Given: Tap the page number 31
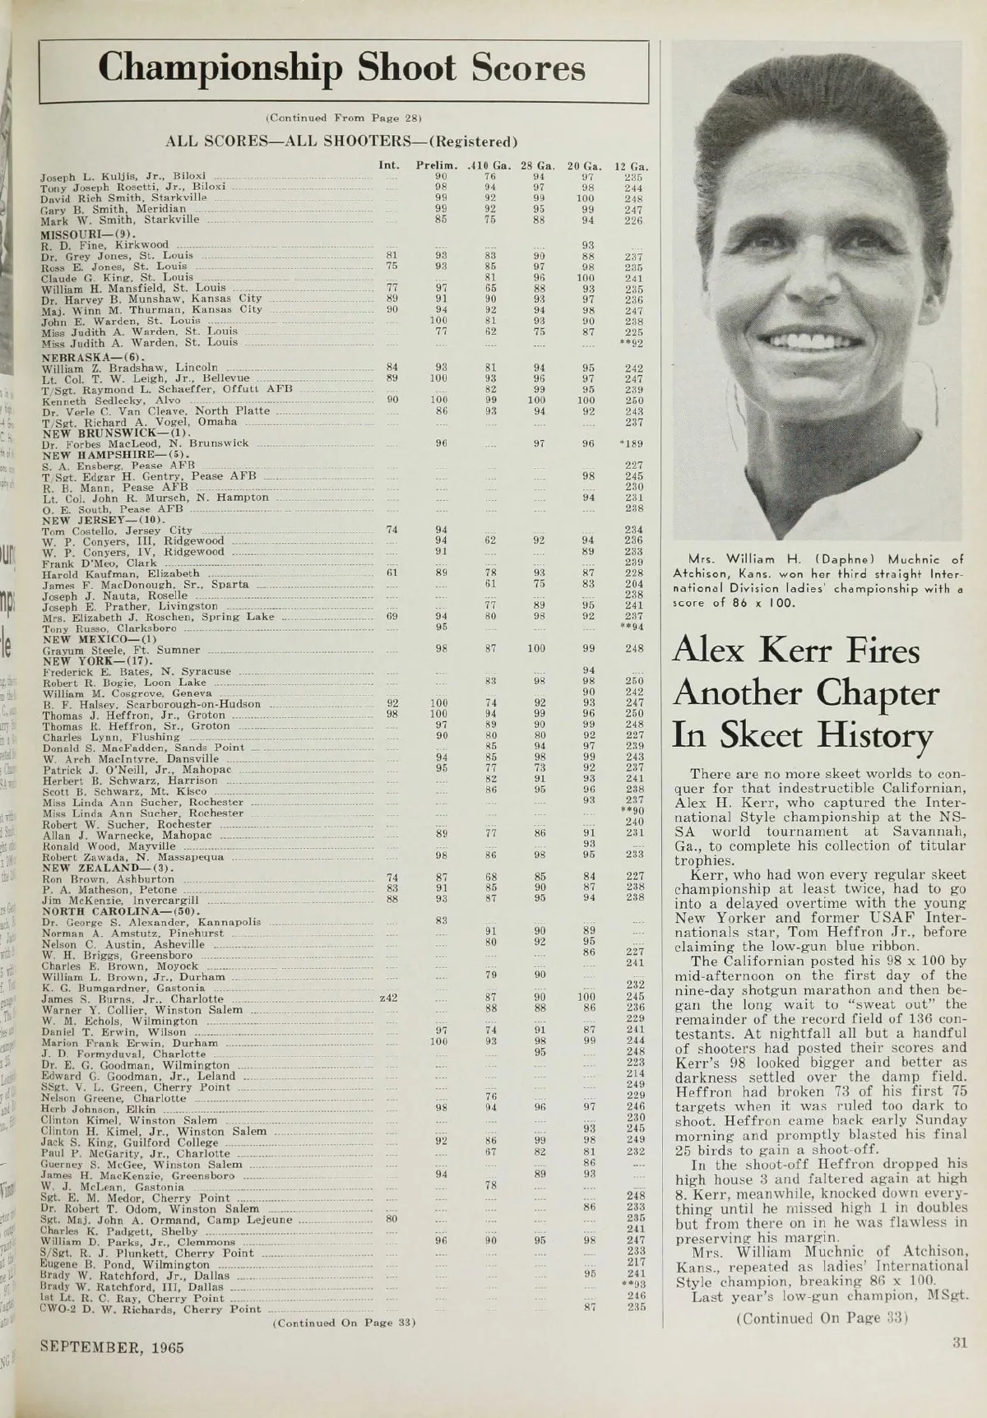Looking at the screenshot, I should pos(958,1343).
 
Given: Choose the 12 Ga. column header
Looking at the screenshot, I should pos(633,165).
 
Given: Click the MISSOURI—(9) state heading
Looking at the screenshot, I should pos(74,234).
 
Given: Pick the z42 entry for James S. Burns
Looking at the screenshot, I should pos(389,999).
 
